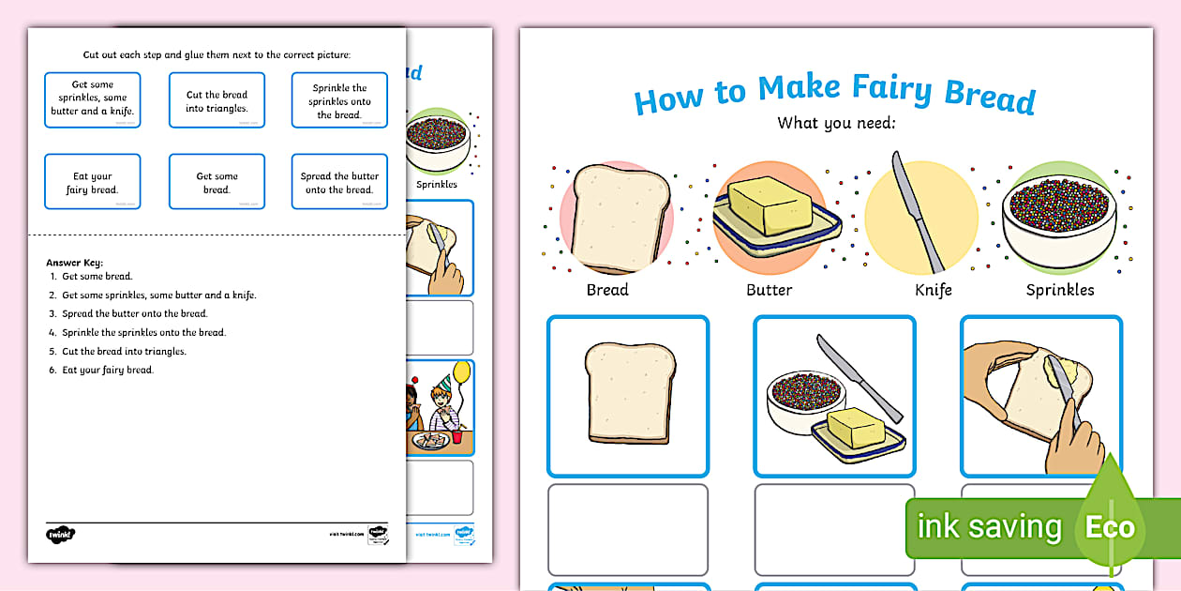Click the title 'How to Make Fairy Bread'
(x=834, y=94)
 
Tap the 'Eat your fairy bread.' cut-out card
(x=93, y=182)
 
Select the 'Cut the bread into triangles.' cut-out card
(x=217, y=100)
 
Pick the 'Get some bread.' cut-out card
(x=217, y=182)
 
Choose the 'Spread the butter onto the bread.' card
(x=339, y=182)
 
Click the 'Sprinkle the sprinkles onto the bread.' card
(x=339, y=100)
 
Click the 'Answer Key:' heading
(x=74, y=263)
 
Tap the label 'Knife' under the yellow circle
(x=933, y=290)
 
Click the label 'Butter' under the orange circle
(x=769, y=290)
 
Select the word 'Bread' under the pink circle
(x=607, y=290)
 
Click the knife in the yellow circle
(x=918, y=211)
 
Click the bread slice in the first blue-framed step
(x=628, y=392)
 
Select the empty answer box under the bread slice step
(x=628, y=528)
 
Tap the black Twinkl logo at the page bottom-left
(x=60, y=534)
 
